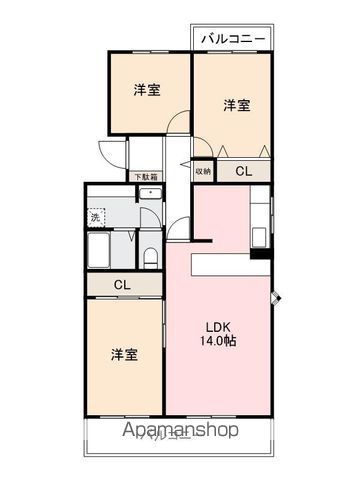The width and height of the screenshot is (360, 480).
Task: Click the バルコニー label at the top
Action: pyautogui.click(x=233, y=39)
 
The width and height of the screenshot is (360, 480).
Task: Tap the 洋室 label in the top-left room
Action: pyautogui.click(x=148, y=89)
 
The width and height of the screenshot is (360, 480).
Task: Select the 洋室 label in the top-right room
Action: pyautogui.click(x=237, y=104)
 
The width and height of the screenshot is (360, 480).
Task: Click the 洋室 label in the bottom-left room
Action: pyautogui.click(x=124, y=354)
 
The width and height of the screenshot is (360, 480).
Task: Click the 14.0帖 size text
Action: pyautogui.click(x=221, y=342)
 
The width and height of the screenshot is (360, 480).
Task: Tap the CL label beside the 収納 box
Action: pyautogui.click(x=243, y=171)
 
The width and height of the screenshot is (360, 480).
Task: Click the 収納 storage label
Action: pyautogui.click(x=203, y=171)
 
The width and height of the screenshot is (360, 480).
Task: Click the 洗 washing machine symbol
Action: pyautogui.click(x=96, y=216)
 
